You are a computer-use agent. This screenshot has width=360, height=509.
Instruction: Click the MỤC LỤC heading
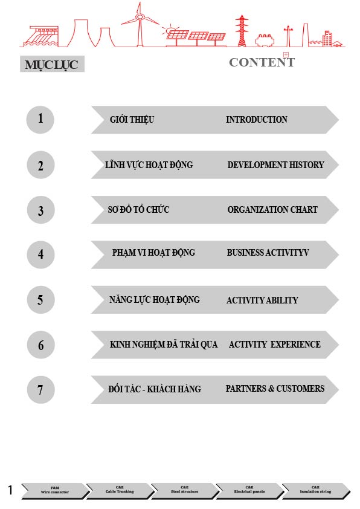click(x=52, y=64)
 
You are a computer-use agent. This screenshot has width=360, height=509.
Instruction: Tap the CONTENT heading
click(x=262, y=62)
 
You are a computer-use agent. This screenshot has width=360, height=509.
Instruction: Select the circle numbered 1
click(x=40, y=120)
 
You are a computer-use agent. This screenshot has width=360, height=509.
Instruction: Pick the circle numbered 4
click(x=40, y=254)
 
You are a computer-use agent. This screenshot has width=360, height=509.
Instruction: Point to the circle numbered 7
click(x=40, y=389)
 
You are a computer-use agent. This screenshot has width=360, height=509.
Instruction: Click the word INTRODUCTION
click(x=257, y=120)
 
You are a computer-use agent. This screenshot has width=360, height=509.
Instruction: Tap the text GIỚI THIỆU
click(x=132, y=120)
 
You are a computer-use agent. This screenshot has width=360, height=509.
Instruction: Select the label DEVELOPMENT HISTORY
click(x=275, y=164)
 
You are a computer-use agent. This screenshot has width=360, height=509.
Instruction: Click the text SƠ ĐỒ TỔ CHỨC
click(x=138, y=209)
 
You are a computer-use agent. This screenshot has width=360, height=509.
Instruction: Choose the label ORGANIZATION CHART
click(x=272, y=209)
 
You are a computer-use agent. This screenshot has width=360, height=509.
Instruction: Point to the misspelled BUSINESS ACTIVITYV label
click(x=268, y=252)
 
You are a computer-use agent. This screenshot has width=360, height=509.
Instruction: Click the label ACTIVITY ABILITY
click(x=262, y=300)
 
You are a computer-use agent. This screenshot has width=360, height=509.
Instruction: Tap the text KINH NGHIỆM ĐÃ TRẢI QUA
click(x=164, y=345)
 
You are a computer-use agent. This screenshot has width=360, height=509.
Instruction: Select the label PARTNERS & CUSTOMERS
click(x=275, y=389)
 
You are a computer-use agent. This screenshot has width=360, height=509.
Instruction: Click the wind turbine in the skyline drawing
click(x=140, y=24)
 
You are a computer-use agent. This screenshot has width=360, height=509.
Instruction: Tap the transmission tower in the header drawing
click(x=242, y=31)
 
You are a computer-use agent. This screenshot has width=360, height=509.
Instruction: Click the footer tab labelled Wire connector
click(x=55, y=490)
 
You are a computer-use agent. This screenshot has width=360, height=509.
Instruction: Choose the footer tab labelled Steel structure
click(x=185, y=490)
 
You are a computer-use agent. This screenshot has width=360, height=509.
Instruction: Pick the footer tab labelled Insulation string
click(x=315, y=490)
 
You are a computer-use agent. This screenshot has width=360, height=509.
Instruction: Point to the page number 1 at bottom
click(x=10, y=490)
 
